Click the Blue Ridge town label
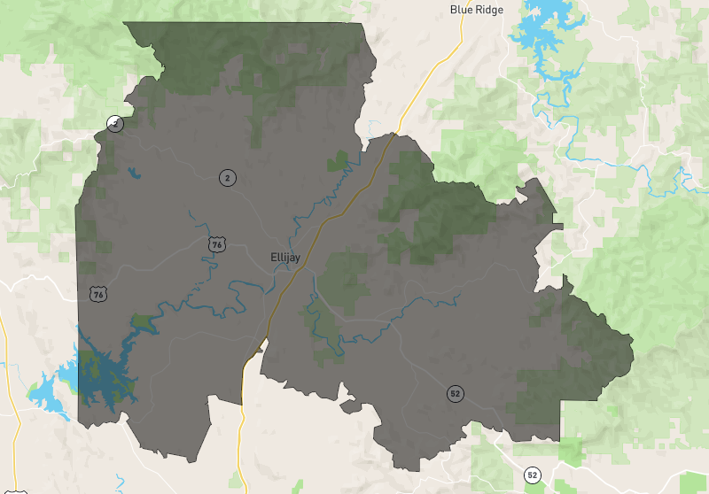477,10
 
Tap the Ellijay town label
285,258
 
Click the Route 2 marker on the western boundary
114,124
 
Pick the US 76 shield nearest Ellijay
216,243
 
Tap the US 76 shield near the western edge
97,293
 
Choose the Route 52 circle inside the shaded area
455,393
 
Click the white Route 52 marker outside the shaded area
532,475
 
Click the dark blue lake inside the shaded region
102,372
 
